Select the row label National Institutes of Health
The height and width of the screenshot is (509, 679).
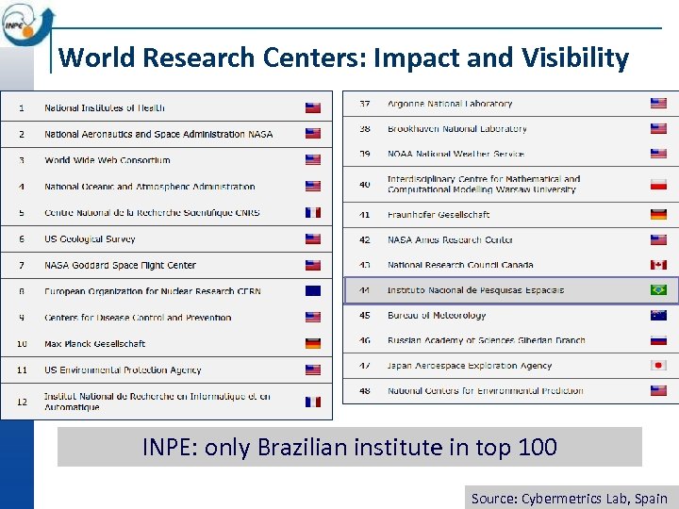(x=105, y=107)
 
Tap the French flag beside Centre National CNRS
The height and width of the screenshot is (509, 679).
(x=313, y=212)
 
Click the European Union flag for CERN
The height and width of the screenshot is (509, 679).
(x=313, y=290)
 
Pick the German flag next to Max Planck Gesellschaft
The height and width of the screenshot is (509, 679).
(x=313, y=343)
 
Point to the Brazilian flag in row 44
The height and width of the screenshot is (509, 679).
(x=658, y=289)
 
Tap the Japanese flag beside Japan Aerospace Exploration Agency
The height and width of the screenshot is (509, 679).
(x=658, y=365)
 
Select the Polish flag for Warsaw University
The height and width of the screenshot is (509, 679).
(x=658, y=184)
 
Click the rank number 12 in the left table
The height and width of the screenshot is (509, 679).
(x=22, y=401)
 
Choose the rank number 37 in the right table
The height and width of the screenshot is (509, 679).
(x=365, y=104)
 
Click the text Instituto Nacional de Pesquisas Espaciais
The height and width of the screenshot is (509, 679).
(x=475, y=290)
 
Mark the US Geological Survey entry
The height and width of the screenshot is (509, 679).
(x=90, y=239)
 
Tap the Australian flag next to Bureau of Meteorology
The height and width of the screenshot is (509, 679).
(x=658, y=315)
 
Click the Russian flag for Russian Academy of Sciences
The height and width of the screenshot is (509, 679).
(x=658, y=340)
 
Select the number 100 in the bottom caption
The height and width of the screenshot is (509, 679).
(x=538, y=447)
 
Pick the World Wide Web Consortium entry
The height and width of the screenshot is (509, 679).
(x=108, y=160)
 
